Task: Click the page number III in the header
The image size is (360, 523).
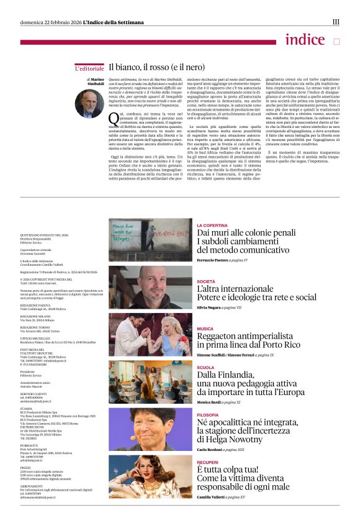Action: (x=336, y=22)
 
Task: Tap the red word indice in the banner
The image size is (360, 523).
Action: (x=305, y=40)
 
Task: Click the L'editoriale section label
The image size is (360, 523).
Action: (x=89, y=68)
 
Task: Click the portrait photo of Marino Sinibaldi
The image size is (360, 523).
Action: (x=89, y=103)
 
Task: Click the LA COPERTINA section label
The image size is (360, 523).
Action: (x=212, y=225)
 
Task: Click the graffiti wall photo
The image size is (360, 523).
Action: (x=150, y=240)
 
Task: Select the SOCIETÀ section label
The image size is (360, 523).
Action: (x=207, y=281)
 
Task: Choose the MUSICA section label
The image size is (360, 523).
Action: (x=205, y=329)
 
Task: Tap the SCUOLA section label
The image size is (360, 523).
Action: (x=205, y=367)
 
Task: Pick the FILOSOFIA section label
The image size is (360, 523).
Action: (x=208, y=414)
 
